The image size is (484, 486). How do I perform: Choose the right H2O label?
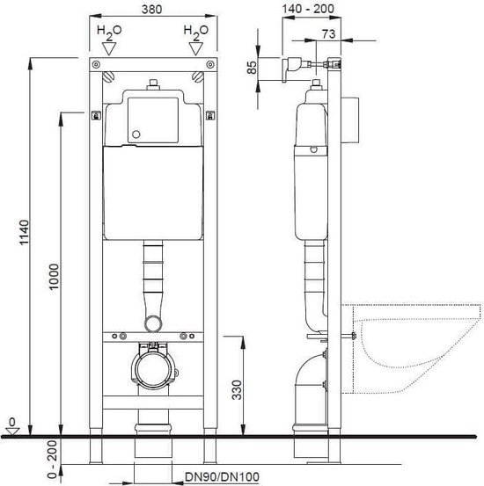click(195, 32)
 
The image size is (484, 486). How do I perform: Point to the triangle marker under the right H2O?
click(195, 49)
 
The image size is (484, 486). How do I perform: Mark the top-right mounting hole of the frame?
click(209, 64)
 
